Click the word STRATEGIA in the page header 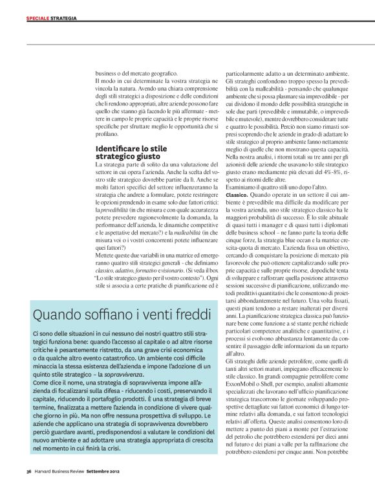[x=64, y=18]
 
